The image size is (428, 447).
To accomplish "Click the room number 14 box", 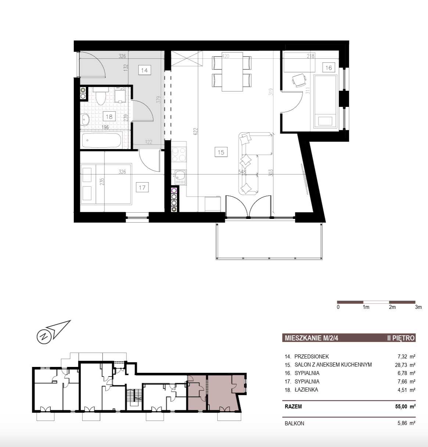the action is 144,70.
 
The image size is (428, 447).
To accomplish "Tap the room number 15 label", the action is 221,152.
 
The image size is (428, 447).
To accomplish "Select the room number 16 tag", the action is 328,68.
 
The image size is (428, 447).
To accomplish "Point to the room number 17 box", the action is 142,187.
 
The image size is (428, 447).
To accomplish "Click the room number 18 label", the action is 109,116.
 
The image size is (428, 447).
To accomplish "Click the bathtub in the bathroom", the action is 101,141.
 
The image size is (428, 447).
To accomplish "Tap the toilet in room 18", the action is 101,96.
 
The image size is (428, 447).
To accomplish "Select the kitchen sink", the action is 180,177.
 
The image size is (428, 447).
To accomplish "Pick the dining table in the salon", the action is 232,72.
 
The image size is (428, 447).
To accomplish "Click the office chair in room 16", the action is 299,80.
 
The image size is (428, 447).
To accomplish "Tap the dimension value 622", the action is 195,131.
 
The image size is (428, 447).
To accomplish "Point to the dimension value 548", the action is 242,172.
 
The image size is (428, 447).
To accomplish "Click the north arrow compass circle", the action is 44,337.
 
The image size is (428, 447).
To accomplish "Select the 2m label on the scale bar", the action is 392,307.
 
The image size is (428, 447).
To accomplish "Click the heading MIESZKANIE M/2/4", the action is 311,338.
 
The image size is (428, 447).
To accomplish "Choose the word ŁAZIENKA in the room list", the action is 306,390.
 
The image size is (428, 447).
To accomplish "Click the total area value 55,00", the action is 401,406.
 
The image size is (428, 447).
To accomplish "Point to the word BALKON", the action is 294,423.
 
